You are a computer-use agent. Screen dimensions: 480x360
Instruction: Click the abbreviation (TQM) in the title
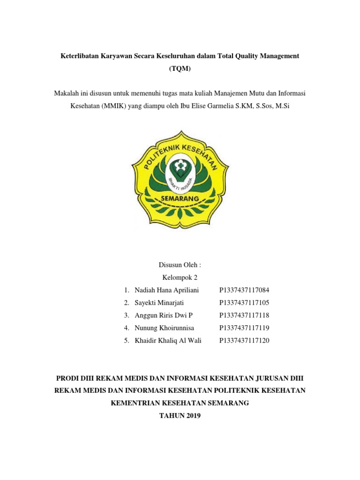[x=180, y=68]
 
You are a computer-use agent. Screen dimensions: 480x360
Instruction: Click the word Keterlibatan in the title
[x=81, y=56]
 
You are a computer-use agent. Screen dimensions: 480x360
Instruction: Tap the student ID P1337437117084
[x=244, y=290]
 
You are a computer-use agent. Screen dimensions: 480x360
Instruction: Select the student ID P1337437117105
[x=244, y=303]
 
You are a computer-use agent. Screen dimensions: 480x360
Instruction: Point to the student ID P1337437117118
[x=244, y=315]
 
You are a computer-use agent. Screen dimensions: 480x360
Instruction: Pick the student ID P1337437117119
[x=244, y=328]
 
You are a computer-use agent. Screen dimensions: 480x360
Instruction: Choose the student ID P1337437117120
[x=244, y=341]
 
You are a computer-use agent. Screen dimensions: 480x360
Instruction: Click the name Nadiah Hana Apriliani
[x=166, y=290]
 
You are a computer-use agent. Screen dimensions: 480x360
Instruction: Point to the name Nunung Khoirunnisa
[x=164, y=328]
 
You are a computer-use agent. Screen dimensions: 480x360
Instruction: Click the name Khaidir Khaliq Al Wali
[x=168, y=341]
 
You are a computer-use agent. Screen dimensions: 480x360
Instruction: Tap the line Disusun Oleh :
[x=180, y=265]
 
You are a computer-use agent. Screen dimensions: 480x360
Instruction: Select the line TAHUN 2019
[x=180, y=415]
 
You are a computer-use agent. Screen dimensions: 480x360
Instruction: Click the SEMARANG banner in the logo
[x=180, y=199]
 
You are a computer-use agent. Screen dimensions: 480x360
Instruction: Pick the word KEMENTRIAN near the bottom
[x=135, y=403]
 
